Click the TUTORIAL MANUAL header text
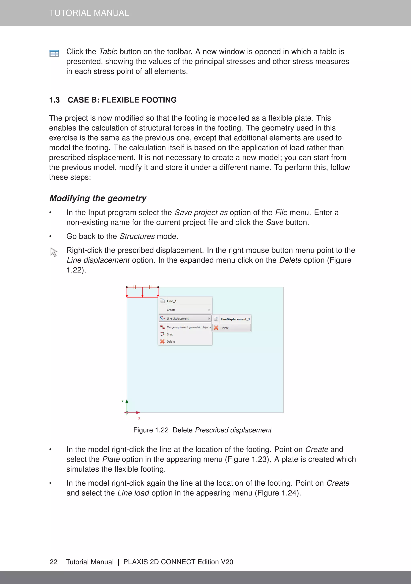pos(89,13)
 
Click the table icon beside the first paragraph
pos(54,53)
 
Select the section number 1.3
pos(54,100)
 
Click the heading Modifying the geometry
pos(98,198)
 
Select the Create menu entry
pos(171,310)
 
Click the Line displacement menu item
pos(178,318)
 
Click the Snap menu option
pos(170,334)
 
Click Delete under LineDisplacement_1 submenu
pos(225,328)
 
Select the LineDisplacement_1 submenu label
pos(235,319)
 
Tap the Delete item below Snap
pos(171,342)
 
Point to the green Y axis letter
pos(122,401)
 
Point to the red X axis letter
pos(139,418)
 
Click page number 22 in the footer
pos(53,562)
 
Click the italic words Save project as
pos(201,213)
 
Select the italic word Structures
pos(137,236)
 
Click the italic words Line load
pos(133,493)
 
